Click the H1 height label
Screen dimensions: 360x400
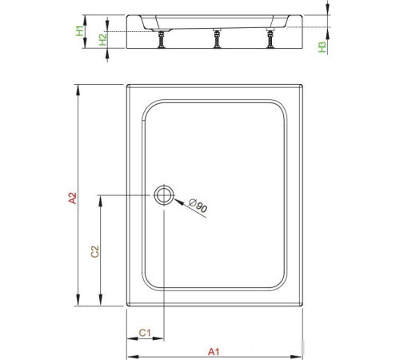point(79,32)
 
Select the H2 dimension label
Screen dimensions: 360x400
point(102,38)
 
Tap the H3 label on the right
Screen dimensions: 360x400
point(322,47)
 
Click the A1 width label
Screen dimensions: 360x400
point(214,350)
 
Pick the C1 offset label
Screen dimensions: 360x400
point(145,331)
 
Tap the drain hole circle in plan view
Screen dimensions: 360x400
point(163,194)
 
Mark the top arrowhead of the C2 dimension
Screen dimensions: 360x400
point(99,198)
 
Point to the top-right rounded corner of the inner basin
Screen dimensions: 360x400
point(280,107)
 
